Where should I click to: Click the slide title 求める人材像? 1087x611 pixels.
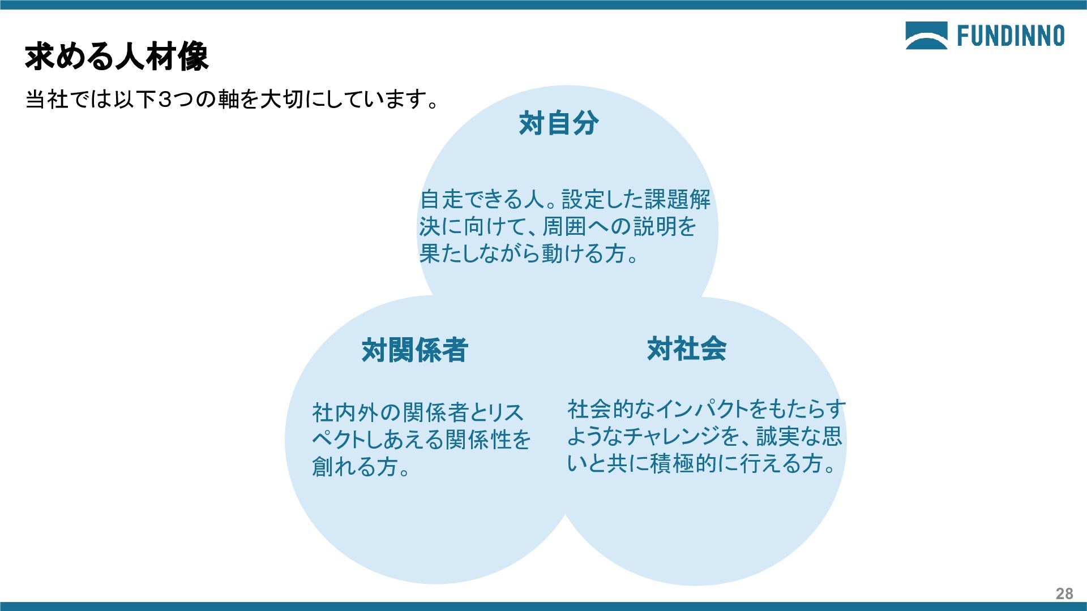[117, 57]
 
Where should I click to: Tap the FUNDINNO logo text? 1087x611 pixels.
[1011, 36]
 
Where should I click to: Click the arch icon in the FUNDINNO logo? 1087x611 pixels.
[926, 36]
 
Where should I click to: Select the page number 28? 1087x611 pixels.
[1064, 593]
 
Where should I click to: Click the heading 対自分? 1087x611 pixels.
[559, 123]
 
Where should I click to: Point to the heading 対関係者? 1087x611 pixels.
[415, 350]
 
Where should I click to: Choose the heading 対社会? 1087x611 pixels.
[687, 348]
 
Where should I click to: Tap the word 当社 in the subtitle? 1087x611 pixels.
[46, 100]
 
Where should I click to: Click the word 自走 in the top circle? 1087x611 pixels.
[442, 199]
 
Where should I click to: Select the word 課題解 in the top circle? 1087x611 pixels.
[677, 199]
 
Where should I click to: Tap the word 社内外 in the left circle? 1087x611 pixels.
[345, 412]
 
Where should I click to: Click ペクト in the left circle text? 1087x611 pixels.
[343, 440]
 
